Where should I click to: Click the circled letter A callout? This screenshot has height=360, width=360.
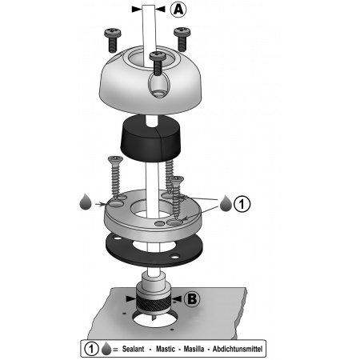click(178, 10)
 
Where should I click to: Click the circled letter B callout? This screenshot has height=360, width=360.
click(192, 298)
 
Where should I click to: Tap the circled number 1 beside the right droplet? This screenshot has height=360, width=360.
click(242, 204)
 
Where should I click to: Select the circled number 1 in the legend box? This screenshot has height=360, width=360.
click(91, 349)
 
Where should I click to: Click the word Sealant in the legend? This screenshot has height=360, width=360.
click(133, 349)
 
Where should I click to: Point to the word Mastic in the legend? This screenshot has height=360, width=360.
click(166, 349)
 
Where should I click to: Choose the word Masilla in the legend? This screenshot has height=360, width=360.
click(194, 349)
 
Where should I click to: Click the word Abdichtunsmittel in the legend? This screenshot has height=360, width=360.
click(238, 349)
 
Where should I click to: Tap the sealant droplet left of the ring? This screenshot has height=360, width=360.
click(86, 202)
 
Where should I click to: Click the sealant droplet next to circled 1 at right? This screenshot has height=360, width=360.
click(226, 203)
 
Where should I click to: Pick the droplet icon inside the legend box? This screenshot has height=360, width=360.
click(106, 349)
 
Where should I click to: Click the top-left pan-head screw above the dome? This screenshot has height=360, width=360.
click(113, 40)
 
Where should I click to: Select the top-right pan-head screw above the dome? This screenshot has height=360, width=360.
click(182, 39)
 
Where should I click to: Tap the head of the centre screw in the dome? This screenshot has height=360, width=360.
click(158, 55)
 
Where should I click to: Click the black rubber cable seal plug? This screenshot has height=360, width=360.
click(150, 138)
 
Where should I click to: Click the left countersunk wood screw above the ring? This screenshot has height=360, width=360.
click(115, 178)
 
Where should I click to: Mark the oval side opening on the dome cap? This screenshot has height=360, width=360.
click(159, 85)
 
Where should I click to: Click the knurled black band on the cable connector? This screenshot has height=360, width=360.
click(153, 304)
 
